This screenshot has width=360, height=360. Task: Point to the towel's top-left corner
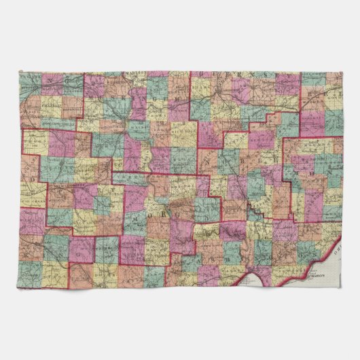[20, 71]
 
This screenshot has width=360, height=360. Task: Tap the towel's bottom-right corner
[342, 287]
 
